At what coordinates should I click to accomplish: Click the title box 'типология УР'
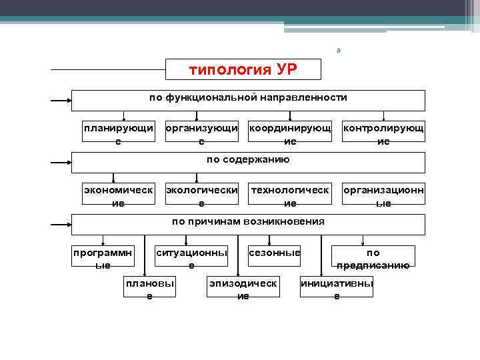coord(243,69)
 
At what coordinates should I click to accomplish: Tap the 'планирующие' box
coord(118,134)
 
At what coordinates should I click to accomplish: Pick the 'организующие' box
coord(201,134)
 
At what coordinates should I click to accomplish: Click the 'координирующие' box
coord(289,134)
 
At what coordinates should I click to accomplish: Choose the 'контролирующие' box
coord(383,134)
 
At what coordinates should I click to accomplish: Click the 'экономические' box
coord(118,197)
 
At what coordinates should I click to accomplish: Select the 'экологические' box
coord(201,197)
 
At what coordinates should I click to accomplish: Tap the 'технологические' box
coord(289,197)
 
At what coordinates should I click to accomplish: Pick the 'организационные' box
coord(383,197)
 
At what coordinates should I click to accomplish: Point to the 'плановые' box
coord(149,289)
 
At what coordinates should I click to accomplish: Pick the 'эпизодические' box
coord(243,289)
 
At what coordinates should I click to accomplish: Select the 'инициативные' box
coord(337,289)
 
